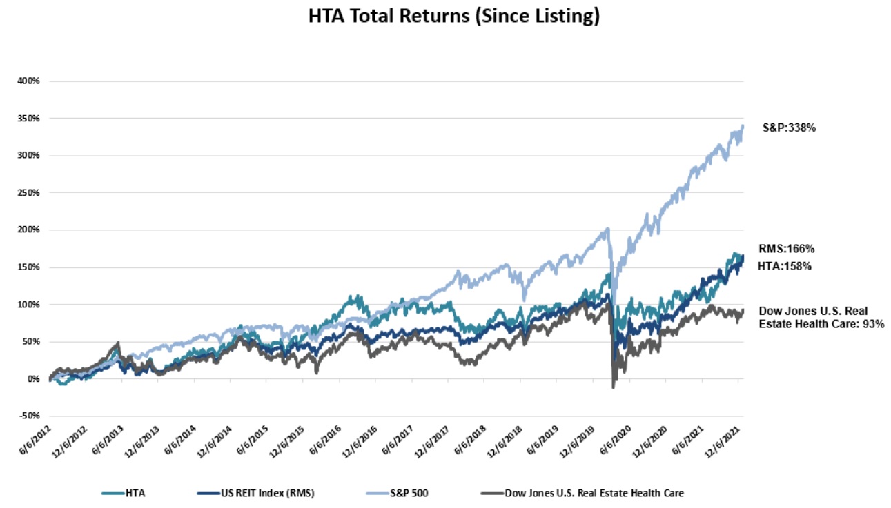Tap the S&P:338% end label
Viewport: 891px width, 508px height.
[x=790, y=128]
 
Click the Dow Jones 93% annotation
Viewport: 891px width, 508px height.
[x=821, y=318]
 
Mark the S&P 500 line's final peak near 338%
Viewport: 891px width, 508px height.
[x=742, y=127]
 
